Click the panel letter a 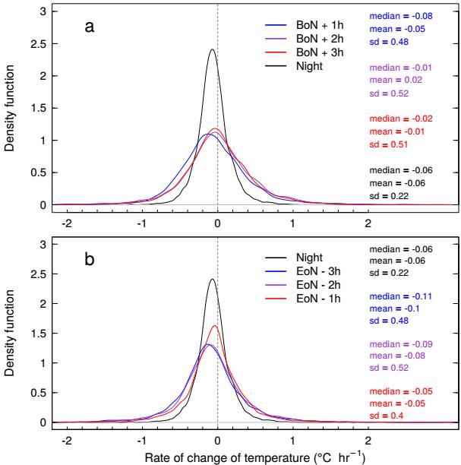[90, 27]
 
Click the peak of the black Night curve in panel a [212, 50]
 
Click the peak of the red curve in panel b [215, 326]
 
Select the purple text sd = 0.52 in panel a [389, 93]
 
